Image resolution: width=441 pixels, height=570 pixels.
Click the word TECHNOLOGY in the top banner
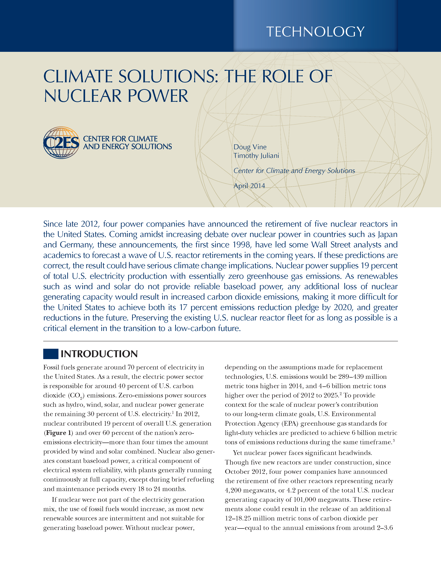(x=315, y=32)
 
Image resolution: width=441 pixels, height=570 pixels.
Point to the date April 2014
(x=249, y=186)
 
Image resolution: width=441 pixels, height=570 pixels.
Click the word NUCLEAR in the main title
(x=83, y=96)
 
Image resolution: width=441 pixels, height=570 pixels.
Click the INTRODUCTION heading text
(x=99, y=354)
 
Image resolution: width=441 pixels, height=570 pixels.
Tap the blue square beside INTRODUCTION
(x=51, y=354)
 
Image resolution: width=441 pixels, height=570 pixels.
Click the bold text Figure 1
(x=58, y=433)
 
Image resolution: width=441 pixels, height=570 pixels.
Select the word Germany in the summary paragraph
(x=76, y=245)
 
